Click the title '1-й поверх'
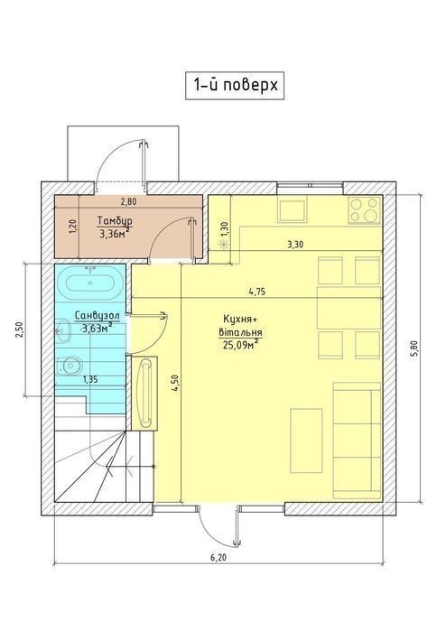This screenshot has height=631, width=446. (236, 86)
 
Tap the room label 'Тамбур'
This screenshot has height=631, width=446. (116, 221)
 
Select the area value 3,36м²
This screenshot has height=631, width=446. (115, 233)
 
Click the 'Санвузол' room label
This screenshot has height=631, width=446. (98, 316)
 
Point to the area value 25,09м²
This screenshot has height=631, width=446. (240, 344)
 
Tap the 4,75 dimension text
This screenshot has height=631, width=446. (256, 292)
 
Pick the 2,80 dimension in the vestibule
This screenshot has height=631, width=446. (128, 202)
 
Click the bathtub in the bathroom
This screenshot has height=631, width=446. (90, 283)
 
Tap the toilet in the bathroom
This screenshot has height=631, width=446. (70, 365)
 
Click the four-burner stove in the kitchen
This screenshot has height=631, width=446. (364, 209)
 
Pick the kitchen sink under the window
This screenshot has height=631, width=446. (293, 209)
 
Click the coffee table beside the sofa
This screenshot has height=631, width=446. (306, 441)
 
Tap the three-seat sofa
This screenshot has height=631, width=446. (357, 441)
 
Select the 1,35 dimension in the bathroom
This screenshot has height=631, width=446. (90, 378)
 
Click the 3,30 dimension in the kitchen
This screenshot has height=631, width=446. (295, 244)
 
